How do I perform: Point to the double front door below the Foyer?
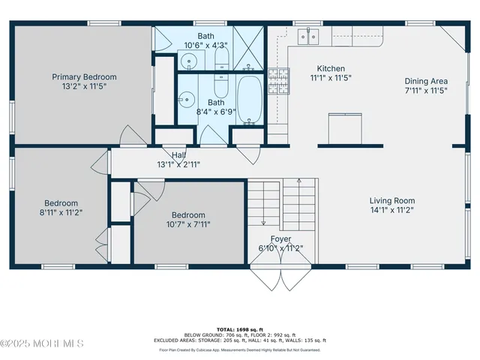[278, 278]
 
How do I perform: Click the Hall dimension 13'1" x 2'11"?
[178, 164]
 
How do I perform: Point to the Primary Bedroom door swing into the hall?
[129, 136]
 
